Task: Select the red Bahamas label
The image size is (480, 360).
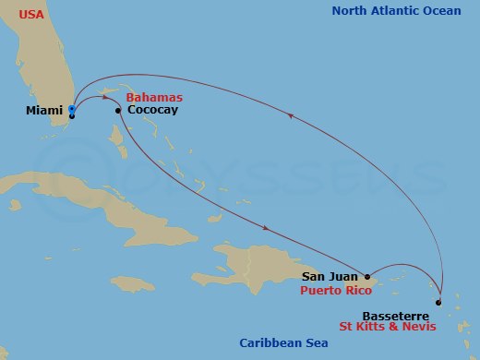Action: pyautogui.click(x=153, y=97)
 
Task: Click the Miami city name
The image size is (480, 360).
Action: pyautogui.click(x=45, y=110)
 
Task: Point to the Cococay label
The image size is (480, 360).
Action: pyautogui.click(x=153, y=110)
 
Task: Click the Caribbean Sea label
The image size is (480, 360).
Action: pyautogui.click(x=281, y=343)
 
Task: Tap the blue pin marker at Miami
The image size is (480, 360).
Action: pyautogui.click(x=72, y=109)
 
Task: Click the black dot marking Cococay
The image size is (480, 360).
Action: pyautogui.click(x=118, y=111)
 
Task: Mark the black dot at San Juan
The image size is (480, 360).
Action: pyautogui.click(x=367, y=276)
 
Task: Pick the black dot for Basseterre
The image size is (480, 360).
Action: pyautogui.click(x=438, y=303)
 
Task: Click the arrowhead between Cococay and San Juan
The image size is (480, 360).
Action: pyautogui.click(x=267, y=228)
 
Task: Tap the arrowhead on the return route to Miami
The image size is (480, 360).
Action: pyautogui.click(x=292, y=116)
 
